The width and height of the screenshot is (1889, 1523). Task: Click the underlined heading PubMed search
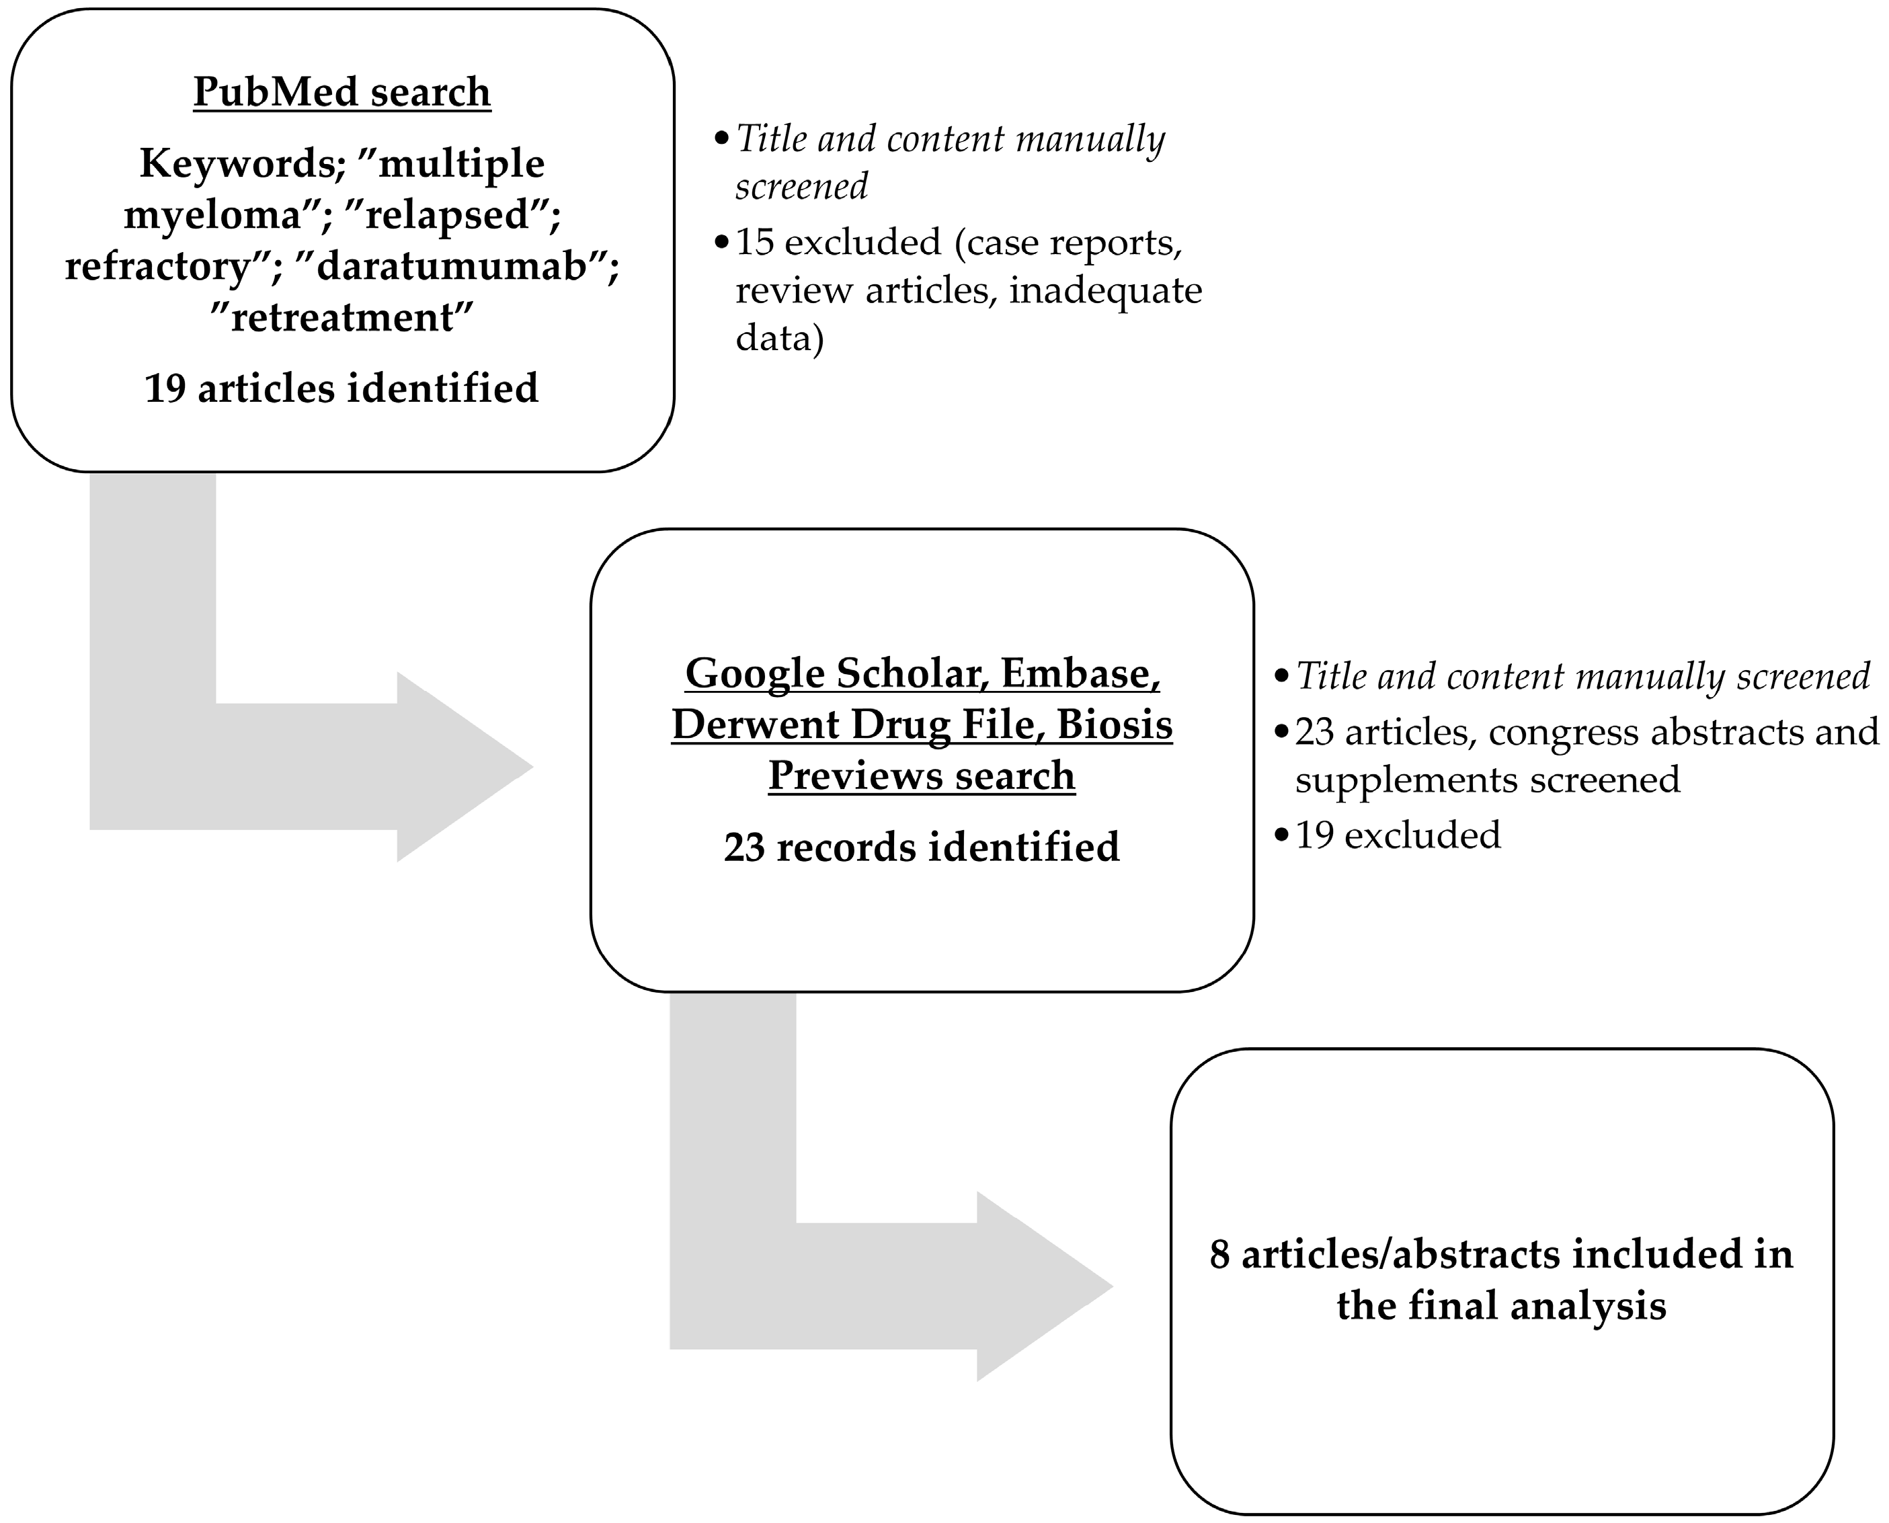[x=341, y=92]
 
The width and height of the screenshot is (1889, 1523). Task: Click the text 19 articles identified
[x=341, y=388]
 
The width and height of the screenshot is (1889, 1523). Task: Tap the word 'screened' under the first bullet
[x=801, y=186]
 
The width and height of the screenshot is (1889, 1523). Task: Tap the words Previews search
[x=921, y=776]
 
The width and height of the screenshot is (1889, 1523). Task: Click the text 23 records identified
[x=921, y=848]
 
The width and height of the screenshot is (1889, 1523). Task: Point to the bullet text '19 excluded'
[x=1397, y=834]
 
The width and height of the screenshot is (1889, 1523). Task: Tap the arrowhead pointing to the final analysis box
[x=1044, y=1287]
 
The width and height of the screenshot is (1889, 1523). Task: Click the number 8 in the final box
[x=1219, y=1255]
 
